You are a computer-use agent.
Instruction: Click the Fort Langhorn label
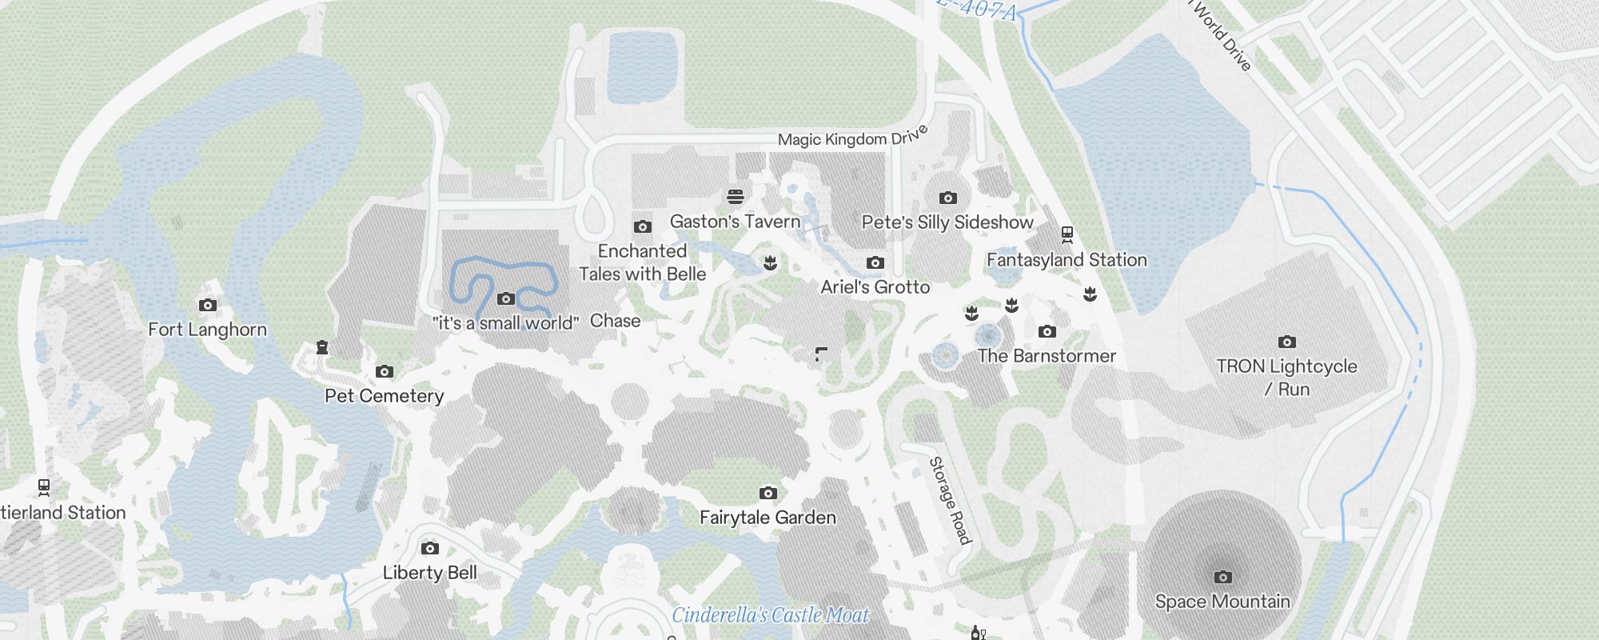pyautogui.click(x=207, y=330)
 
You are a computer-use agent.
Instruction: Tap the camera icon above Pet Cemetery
pyautogui.click(x=385, y=372)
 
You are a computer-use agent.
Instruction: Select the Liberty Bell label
pyautogui.click(x=429, y=573)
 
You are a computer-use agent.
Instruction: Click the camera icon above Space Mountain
pyautogui.click(x=1222, y=577)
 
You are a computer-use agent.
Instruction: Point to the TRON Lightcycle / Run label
pyautogui.click(x=1286, y=378)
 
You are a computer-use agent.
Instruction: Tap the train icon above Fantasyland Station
pyautogui.click(x=1067, y=234)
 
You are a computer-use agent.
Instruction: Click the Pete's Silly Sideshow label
pyautogui.click(x=947, y=222)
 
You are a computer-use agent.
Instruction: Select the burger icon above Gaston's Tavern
pyautogui.click(x=736, y=197)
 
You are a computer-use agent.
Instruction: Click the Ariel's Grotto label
pyautogui.click(x=875, y=287)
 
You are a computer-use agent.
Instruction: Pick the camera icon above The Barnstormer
pyautogui.click(x=1047, y=332)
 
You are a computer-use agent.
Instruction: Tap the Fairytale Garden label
pyautogui.click(x=768, y=518)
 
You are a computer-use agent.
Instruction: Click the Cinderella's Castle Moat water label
pyautogui.click(x=770, y=615)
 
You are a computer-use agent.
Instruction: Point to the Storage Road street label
pyautogui.click(x=950, y=501)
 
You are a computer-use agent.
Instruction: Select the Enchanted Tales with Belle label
pyautogui.click(x=642, y=262)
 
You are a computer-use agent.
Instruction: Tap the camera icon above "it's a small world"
pyautogui.click(x=505, y=299)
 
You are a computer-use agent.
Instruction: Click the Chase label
pyautogui.click(x=615, y=321)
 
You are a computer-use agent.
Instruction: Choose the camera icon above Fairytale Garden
pyautogui.click(x=768, y=493)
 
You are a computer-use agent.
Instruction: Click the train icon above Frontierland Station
pyautogui.click(x=44, y=486)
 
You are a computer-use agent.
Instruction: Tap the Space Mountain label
pyautogui.click(x=1222, y=602)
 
